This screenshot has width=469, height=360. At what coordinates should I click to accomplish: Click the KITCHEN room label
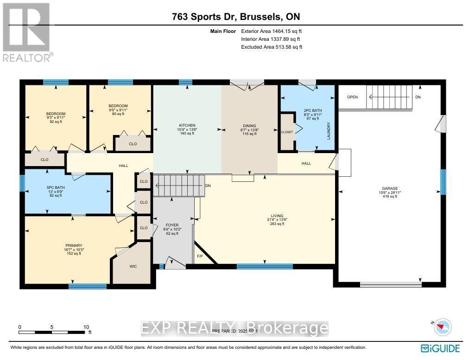[188, 125]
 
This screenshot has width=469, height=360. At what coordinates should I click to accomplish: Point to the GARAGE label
[390, 189]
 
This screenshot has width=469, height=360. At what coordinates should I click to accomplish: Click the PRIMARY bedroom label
[73, 245]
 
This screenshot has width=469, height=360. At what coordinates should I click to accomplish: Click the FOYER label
[172, 225]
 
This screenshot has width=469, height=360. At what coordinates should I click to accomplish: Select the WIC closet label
[133, 266]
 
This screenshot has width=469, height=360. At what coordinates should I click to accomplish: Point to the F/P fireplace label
[200, 256]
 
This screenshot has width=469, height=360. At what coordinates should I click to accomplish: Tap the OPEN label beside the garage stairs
[353, 97]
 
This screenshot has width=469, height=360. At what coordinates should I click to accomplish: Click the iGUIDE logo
[440, 348]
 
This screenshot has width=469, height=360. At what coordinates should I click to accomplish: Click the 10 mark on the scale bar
[86, 327]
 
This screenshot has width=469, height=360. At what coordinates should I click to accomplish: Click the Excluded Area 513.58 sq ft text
[272, 47]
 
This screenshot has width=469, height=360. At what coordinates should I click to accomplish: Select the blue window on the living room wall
[265, 266]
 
